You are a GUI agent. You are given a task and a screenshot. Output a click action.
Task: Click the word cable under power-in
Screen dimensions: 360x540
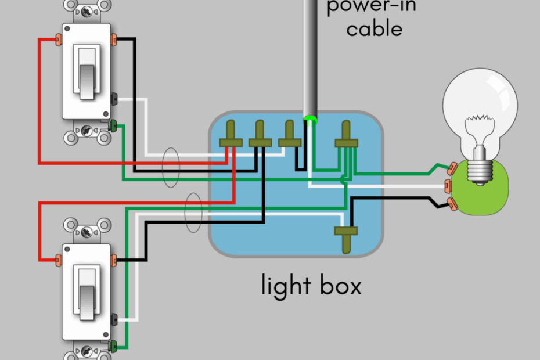[374, 28]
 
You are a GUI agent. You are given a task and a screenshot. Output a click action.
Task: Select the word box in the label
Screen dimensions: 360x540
[340, 286]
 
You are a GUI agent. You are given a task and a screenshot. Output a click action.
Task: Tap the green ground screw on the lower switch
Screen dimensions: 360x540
[113, 346]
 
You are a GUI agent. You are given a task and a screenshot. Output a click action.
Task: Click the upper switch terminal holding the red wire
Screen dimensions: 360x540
[58, 39]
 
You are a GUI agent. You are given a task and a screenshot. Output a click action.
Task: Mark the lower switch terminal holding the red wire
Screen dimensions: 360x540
[59, 258]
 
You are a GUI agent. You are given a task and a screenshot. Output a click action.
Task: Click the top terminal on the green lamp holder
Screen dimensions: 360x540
[450, 169]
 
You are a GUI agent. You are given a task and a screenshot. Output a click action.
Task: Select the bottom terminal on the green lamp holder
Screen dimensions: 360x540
[450, 203]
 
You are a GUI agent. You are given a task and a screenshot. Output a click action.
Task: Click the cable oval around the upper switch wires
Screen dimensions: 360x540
[170, 168]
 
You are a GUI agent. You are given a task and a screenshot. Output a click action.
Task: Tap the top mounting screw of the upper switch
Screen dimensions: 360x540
[87, 10]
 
